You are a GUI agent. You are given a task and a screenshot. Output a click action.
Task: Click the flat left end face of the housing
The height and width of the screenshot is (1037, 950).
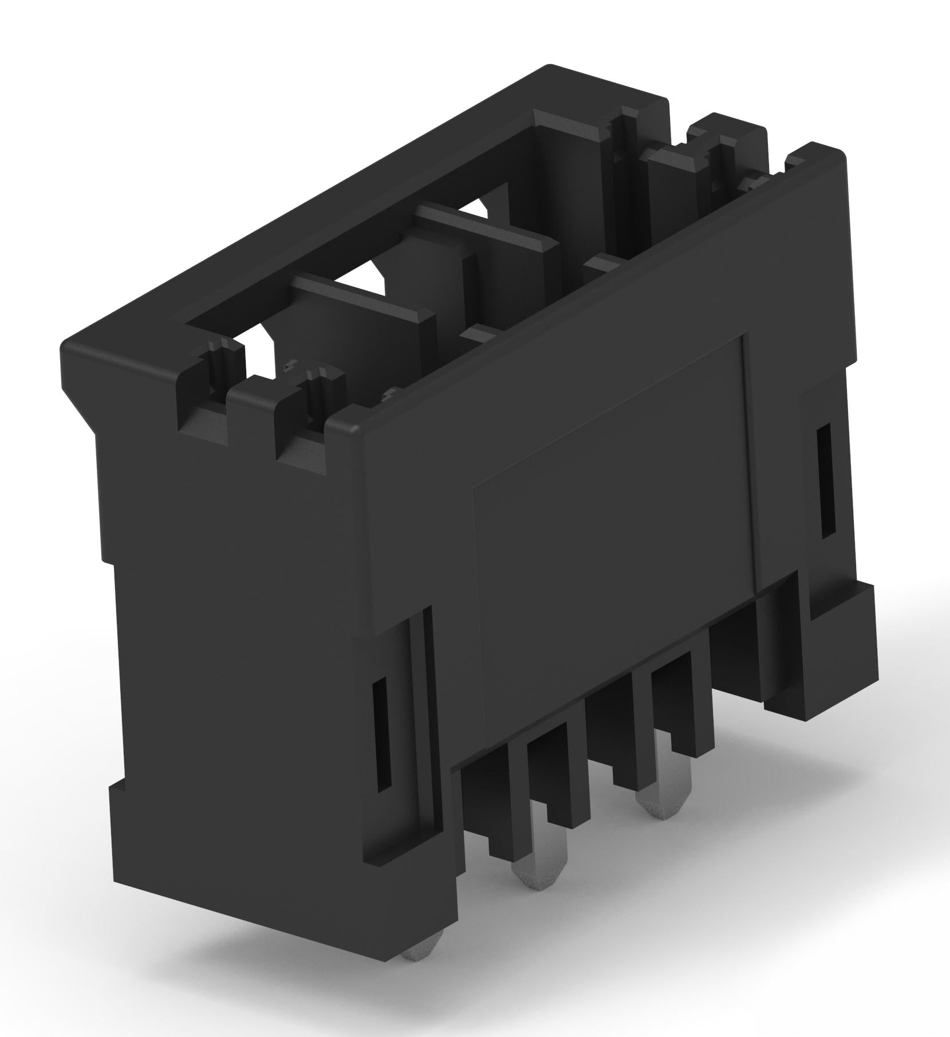pos(229,659)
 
